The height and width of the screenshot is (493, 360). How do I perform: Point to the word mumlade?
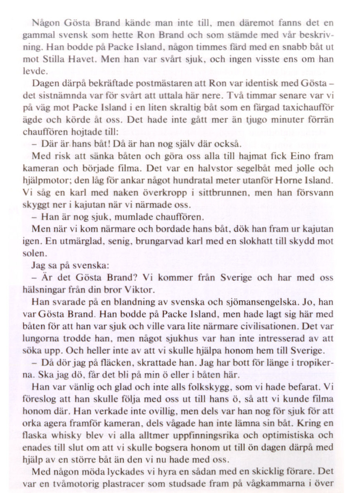click(x=136, y=217)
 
